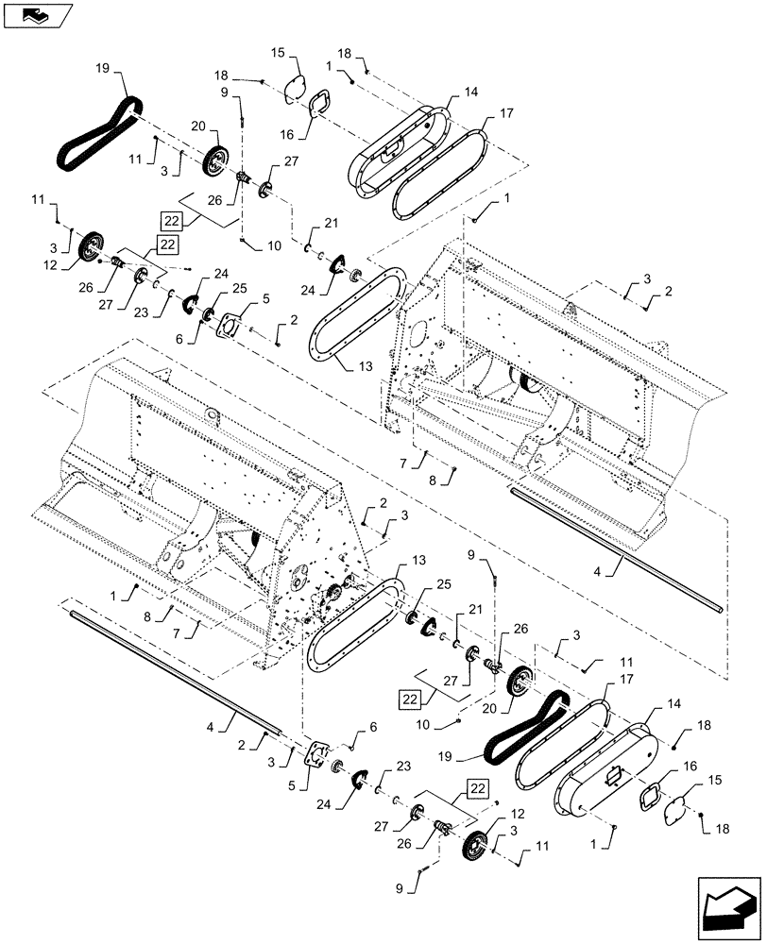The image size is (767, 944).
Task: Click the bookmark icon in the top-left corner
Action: (x=37, y=14)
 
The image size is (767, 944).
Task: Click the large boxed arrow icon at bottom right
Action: (x=728, y=905)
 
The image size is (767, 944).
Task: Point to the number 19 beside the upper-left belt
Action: (x=102, y=69)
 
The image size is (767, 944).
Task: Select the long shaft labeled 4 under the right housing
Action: (x=619, y=549)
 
